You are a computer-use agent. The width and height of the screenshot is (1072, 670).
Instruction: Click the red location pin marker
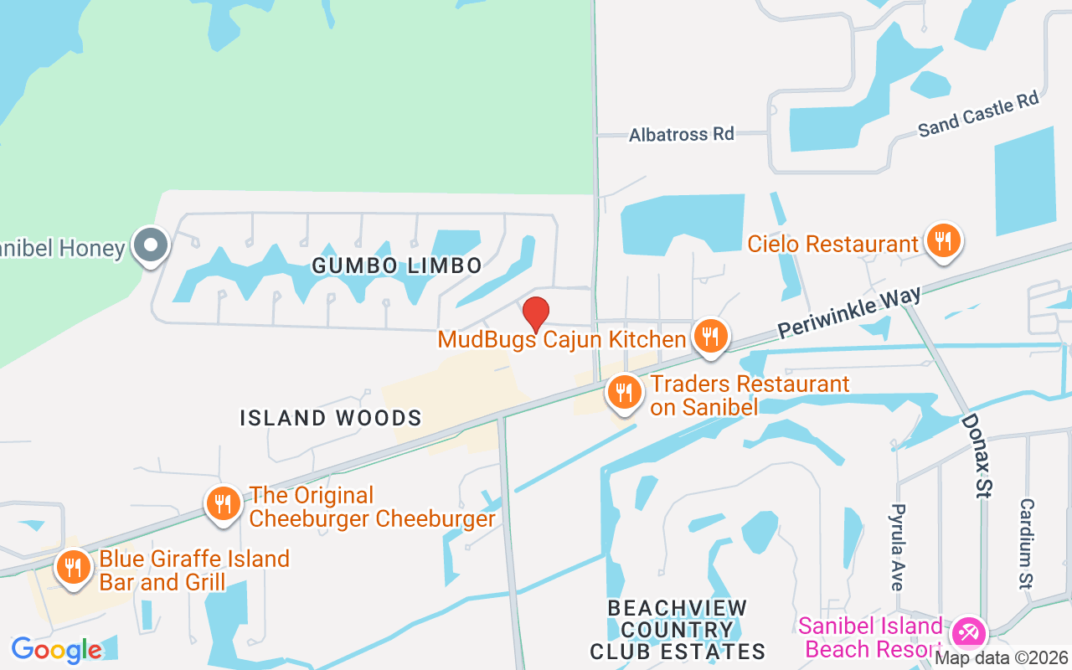(536, 314)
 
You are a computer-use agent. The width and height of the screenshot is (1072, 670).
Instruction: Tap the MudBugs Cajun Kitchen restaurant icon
(710, 337)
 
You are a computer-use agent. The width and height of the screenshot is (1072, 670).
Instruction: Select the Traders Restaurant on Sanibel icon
(624, 392)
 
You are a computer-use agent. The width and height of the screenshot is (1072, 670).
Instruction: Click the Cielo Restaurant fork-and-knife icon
(943, 240)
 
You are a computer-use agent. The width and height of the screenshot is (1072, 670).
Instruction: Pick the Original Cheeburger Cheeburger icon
(223, 503)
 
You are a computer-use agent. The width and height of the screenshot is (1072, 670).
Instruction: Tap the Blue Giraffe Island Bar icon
(74, 567)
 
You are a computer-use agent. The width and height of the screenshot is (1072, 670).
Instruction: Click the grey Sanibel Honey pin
(152, 246)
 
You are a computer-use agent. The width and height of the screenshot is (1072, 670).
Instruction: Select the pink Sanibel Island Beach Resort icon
(969, 631)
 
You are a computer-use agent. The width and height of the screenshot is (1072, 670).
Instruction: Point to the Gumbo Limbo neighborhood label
(397, 266)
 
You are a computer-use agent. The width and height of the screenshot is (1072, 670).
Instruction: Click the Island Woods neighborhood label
(331, 418)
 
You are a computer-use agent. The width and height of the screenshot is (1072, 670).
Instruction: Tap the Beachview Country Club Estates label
(678, 629)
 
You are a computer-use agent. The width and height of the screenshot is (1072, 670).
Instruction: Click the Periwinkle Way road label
(849, 312)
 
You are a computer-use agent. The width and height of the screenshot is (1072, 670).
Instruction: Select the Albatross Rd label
(681, 134)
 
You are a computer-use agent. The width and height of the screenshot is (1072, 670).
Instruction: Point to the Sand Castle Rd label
(977, 116)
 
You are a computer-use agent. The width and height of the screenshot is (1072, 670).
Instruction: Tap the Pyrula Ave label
(898, 547)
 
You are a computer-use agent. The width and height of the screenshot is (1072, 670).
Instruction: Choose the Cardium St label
(1027, 544)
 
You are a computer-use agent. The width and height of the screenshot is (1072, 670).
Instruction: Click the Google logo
(56, 650)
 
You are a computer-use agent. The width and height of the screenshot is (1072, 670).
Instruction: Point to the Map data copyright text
(1002, 658)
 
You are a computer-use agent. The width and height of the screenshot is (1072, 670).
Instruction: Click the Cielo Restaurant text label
(832, 245)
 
